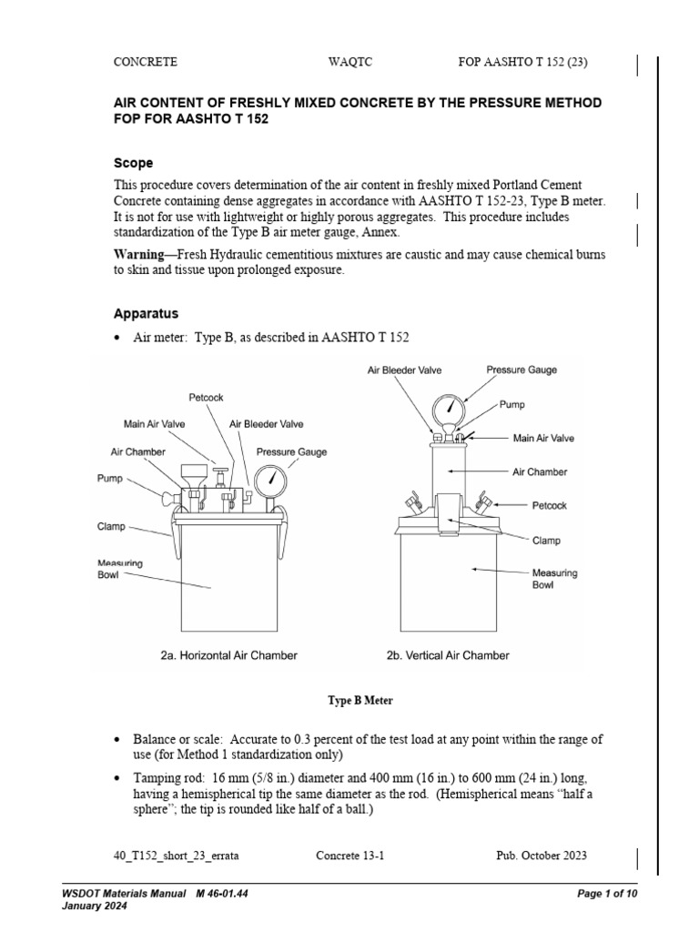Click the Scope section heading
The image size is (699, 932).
pyautogui.click(x=133, y=163)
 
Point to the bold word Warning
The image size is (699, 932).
pyautogui.click(x=142, y=254)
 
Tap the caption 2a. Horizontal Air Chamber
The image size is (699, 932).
pyautogui.click(x=228, y=655)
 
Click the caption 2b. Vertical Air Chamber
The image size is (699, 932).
pyautogui.click(x=448, y=655)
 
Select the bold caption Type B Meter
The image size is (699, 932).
pyautogui.click(x=360, y=701)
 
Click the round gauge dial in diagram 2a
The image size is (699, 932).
pyautogui.click(x=271, y=480)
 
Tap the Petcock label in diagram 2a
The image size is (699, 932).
pyautogui.click(x=206, y=398)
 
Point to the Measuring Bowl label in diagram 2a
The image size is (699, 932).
pyautogui.click(x=120, y=570)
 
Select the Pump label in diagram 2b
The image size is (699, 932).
pyautogui.click(x=512, y=403)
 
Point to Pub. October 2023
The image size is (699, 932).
pyautogui.click(x=541, y=855)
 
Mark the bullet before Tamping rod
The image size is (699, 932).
pyautogui.click(x=118, y=779)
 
